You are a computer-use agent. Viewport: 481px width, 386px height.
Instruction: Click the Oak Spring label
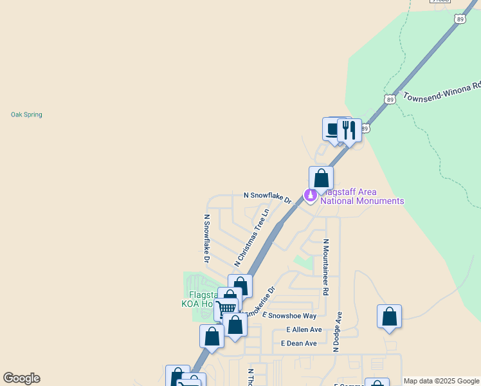pos(26,115)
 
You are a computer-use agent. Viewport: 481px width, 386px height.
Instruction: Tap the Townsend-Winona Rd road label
pos(442,91)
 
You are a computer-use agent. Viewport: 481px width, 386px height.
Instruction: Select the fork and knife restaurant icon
pos(349,130)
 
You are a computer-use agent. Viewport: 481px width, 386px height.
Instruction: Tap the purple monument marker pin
pos(311,194)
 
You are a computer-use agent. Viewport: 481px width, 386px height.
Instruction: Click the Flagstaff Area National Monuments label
pos(362,197)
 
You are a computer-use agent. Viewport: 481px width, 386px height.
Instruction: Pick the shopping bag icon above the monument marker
pos(321,178)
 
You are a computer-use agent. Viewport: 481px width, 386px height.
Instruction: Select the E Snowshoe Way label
pos(289,316)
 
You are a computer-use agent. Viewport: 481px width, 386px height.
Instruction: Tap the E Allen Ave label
pos(304,329)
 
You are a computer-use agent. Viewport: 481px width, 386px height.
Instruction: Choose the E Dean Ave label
pos(299,344)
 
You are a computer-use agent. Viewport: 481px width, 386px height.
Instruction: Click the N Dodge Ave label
pos(336,332)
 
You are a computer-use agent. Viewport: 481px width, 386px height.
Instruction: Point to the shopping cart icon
pos(226,309)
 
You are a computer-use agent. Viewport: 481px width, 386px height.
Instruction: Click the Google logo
pos(21,378)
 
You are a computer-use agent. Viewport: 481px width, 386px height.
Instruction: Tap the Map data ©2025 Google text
pos(441,381)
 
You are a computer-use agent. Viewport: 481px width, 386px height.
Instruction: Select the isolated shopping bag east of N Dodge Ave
pos(389,317)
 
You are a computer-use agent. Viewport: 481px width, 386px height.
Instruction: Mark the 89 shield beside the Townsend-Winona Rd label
pos(390,99)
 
